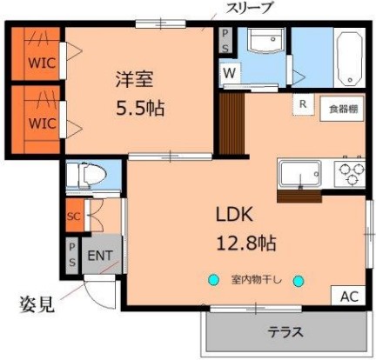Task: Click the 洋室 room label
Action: point(135,79)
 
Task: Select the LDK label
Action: point(235,213)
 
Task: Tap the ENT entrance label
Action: point(101,257)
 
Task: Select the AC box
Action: point(348,297)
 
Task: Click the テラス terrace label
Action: point(284,331)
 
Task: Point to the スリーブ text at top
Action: point(250,8)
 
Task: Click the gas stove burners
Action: point(348,172)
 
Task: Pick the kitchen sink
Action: point(300,174)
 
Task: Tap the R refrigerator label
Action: point(302,103)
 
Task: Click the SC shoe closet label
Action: point(74,216)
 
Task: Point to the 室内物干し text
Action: point(255,280)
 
